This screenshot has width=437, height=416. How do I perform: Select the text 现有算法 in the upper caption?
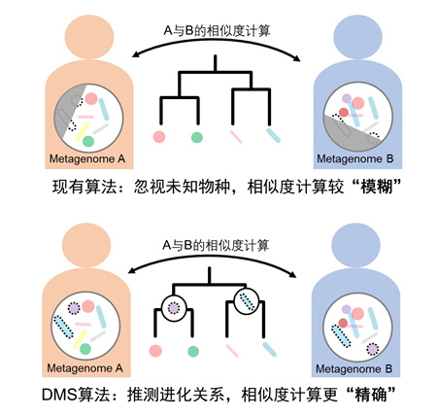click(x=84, y=187)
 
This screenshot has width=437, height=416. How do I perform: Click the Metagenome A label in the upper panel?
click(x=87, y=158)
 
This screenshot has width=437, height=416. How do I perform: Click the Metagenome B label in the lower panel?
click(x=353, y=368)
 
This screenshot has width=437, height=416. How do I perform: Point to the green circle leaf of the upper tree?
click(x=197, y=137)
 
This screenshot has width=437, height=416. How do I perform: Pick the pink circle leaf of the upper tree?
click(x=159, y=137)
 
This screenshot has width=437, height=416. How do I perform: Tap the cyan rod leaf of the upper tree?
click(x=273, y=135)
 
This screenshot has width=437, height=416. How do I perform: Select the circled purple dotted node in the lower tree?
click(x=174, y=307)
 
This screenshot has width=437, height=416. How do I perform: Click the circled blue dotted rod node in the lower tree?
click(x=247, y=301)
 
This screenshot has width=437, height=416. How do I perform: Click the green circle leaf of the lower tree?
click(x=193, y=351)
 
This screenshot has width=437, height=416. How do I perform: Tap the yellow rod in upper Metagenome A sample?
click(x=83, y=132)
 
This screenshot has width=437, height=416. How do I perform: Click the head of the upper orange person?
click(x=89, y=35)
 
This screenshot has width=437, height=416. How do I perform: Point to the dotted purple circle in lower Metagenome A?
click(x=74, y=308)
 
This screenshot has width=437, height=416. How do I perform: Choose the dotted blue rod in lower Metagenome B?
click(x=341, y=336)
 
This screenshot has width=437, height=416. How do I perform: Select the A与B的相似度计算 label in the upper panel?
click(x=217, y=31)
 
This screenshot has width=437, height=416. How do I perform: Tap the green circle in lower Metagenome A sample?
click(x=85, y=349)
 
